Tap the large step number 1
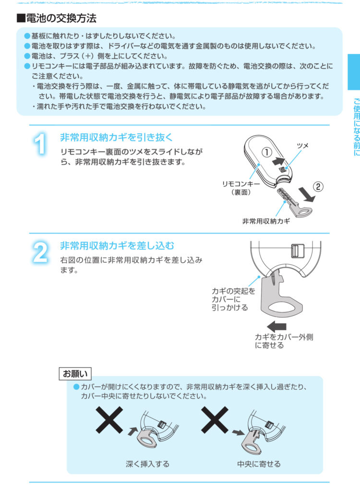coord(41,144)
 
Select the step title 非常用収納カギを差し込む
coord(117,246)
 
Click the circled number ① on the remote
coord(266,152)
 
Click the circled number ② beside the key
coord(318,187)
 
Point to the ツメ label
coord(302,145)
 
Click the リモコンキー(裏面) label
coord(241,188)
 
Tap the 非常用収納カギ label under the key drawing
coord(266,221)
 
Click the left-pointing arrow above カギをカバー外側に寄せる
coord(276,326)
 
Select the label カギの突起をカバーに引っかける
coord(233,299)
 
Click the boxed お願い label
coord(75,374)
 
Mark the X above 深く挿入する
coord(109,420)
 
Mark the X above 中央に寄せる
coord(215,420)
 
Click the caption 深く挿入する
coord(147,464)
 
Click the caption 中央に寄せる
coord(259,464)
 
